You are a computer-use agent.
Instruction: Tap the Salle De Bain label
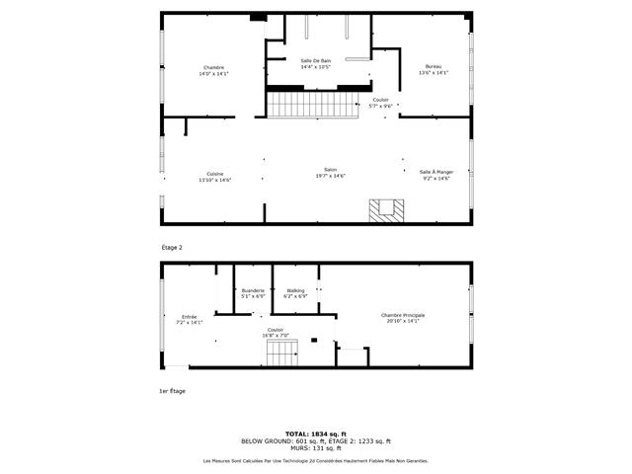click(x=315, y=60)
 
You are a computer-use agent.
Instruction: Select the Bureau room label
click(x=434, y=67)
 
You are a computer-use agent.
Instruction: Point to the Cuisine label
click(x=214, y=174)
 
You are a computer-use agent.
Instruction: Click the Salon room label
click(x=330, y=170)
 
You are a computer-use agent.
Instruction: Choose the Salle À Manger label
click(x=434, y=172)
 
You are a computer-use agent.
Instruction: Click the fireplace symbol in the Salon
click(x=385, y=210)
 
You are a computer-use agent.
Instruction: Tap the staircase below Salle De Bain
click(x=312, y=103)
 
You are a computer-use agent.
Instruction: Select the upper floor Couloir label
click(x=380, y=100)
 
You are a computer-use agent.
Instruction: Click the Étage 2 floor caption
click(x=173, y=247)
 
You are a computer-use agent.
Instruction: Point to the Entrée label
click(x=189, y=316)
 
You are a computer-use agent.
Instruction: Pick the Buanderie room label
click(x=253, y=290)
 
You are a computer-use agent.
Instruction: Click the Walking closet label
click(x=296, y=290)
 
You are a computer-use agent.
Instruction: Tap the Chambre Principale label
click(x=406, y=316)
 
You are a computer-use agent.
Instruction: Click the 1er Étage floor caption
click(x=172, y=391)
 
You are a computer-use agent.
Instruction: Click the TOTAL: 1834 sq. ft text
click(x=316, y=434)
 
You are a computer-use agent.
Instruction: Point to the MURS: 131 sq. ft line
click(x=316, y=447)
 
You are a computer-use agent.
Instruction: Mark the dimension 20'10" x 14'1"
click(x=406, y=321)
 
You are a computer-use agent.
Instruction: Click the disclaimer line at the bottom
click(x=316, y=461)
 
